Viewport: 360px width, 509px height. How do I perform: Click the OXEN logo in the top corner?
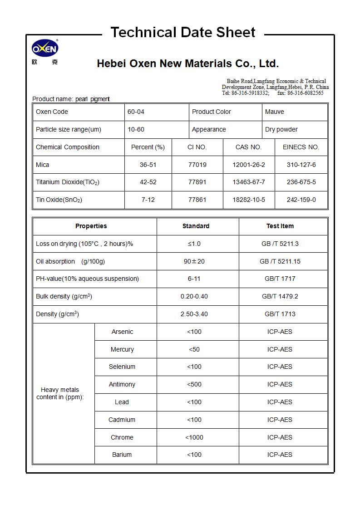[45, 49]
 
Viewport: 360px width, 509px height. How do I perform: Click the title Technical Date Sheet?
[183, 33]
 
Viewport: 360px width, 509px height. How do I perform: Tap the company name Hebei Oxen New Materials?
[187, 64]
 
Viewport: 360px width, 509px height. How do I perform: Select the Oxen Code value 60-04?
[136, 112]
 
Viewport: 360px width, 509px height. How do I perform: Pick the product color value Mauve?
[275, 112]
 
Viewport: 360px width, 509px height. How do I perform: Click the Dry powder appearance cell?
[281, 129]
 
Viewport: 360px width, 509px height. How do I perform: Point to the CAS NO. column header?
[248, 147]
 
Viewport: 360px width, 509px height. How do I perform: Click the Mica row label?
[43, 165]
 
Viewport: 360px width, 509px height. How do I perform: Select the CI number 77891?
[197, 182]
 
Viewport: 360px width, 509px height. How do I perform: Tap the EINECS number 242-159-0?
[301, 200]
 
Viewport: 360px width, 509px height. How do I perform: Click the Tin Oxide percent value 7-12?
[148, 200]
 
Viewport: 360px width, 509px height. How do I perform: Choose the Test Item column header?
[280, 226]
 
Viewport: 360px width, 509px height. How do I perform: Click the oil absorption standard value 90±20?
[194, 261]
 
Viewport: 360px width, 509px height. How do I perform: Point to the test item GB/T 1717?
[280, 279]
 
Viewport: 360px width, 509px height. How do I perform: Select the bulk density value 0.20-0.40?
[194, 296]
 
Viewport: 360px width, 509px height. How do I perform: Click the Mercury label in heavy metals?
[122, 349]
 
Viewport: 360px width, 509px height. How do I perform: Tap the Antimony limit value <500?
[194, 384]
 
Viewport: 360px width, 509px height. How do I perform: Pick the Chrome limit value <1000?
[194, 437]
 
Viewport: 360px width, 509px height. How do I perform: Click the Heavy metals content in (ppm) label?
[60, 393]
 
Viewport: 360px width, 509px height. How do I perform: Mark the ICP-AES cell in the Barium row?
[280, 455]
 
